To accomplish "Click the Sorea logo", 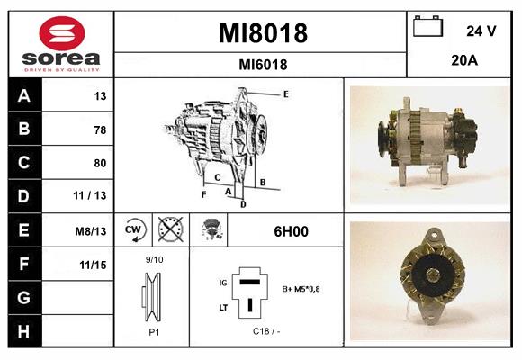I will pos(61,44).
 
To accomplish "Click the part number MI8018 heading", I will pos(263,34).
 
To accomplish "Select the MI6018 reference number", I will pos(263,65).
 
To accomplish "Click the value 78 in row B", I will pos(100,130).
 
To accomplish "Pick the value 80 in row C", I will pos(100,163).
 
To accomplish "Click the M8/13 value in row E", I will pos(92,230).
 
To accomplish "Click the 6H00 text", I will pos(290,231).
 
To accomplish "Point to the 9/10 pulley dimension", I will pos(154,260).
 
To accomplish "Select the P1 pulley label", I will pos(154,330).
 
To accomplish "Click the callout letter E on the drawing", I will pos(285,94).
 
